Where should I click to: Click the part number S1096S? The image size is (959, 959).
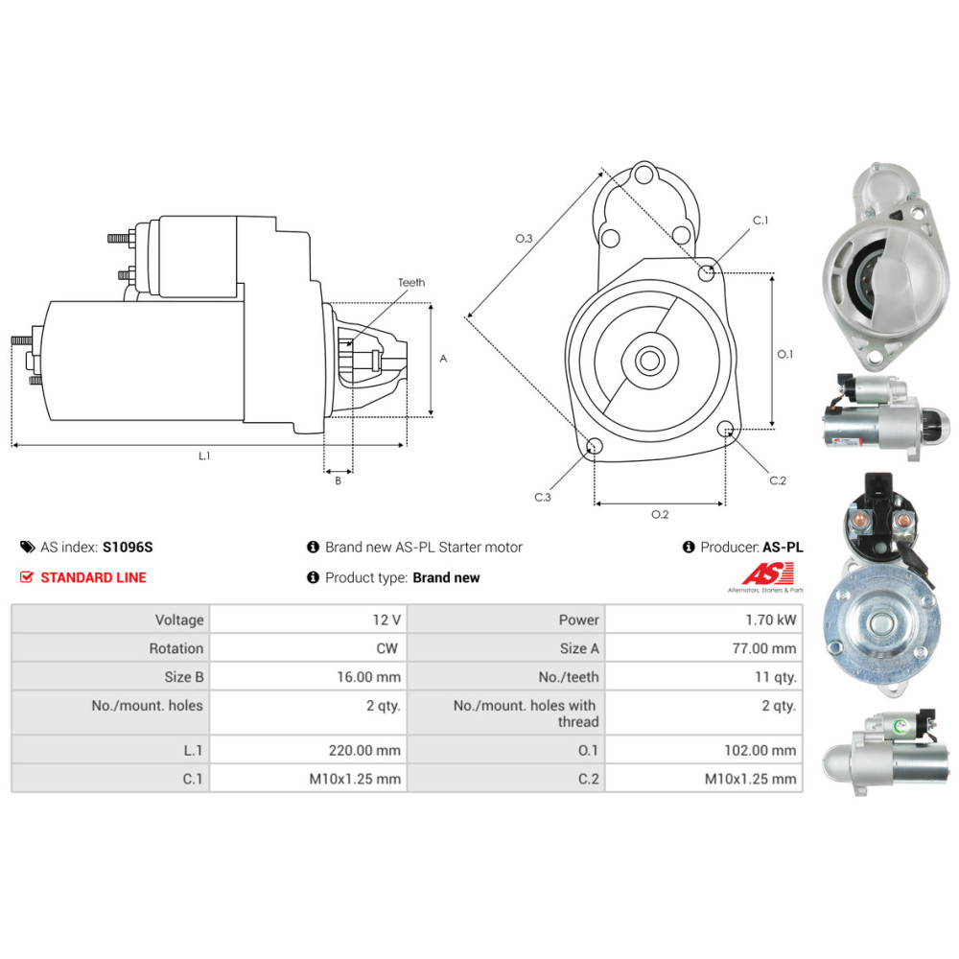click(x=128, y=547)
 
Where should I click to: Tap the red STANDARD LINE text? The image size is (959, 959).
click(x=94, y=577)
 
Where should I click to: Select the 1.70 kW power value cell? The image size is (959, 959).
click(x=771, y=620)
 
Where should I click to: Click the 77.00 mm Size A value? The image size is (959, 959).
click(x=764, y=648)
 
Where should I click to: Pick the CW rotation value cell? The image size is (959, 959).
click(x=386, y=648)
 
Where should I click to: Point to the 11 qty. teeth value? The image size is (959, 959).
click(x=776, y=677)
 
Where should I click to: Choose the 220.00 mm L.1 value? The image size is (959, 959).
click(x=364, y=750)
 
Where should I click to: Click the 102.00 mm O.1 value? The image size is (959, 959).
click(x=760, y=750)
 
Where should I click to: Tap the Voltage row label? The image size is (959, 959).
click(x=179, y=620)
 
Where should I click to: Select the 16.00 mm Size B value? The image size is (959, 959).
click(x=369, y=677)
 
